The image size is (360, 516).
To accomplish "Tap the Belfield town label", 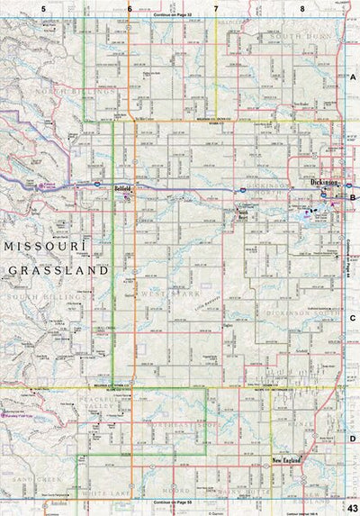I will (123, 188).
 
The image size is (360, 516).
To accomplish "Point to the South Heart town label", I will (235, 213).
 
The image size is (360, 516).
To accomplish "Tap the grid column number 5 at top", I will (42, 7).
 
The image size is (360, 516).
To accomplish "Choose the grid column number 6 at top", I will (130, 7).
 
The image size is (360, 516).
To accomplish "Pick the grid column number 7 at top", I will (216, 7).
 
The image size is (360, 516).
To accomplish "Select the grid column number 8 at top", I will (302, 7).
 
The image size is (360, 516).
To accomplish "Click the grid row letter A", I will (353, 79).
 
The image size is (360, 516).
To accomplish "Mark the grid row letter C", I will (353, 318).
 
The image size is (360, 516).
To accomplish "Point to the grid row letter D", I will (353, 439).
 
